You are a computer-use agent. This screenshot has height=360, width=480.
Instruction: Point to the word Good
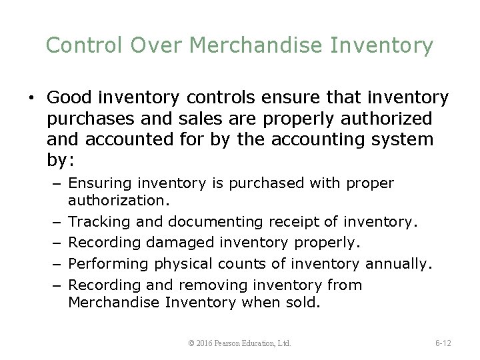[69, 99]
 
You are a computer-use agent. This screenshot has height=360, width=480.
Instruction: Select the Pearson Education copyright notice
[240, 343]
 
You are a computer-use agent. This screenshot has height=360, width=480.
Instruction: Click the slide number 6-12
[443, 343]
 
